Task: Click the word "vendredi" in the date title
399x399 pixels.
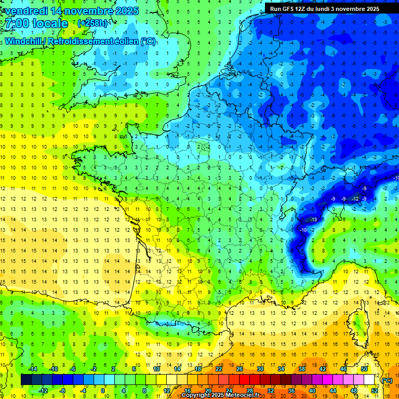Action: [24, 11]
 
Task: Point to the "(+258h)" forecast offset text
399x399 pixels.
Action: [93, 23]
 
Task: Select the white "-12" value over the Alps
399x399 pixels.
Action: [355, 199]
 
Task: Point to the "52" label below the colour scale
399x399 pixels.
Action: [375, 391]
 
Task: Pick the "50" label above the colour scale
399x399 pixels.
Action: [364, 369]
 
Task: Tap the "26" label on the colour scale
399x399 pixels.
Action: [240, 369]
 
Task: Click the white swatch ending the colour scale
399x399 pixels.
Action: [369, 380]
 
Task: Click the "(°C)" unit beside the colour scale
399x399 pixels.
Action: [387, 380]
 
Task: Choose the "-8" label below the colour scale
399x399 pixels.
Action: [63, 391]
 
